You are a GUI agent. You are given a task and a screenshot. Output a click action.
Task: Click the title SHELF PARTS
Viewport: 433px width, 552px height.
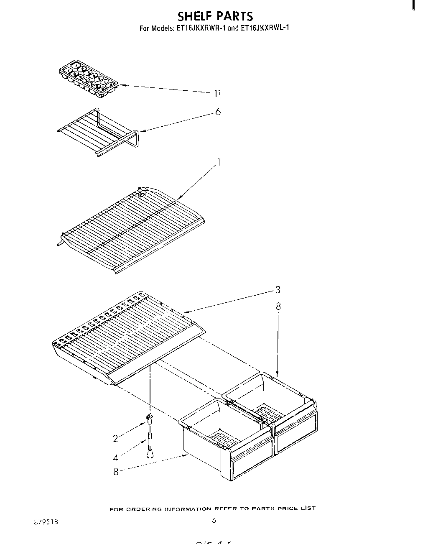click(x=215, y=16)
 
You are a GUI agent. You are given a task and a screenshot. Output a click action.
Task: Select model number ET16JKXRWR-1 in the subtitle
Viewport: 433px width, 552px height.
click(x=199, y=29)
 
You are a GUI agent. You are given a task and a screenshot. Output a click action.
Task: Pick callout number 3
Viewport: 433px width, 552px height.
click(x=278, y=290)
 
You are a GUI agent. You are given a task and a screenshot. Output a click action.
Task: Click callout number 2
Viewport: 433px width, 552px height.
click(x=116, y=438)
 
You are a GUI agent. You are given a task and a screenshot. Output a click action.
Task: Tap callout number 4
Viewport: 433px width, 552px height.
click(x=116, y=456)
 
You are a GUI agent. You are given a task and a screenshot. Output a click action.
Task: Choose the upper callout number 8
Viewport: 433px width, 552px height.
click(x=278, y=307)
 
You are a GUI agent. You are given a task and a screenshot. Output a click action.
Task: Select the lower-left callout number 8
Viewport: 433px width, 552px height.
click(x=116, y=472)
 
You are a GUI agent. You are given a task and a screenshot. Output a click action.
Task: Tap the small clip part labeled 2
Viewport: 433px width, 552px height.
click(x=149, y=419)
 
